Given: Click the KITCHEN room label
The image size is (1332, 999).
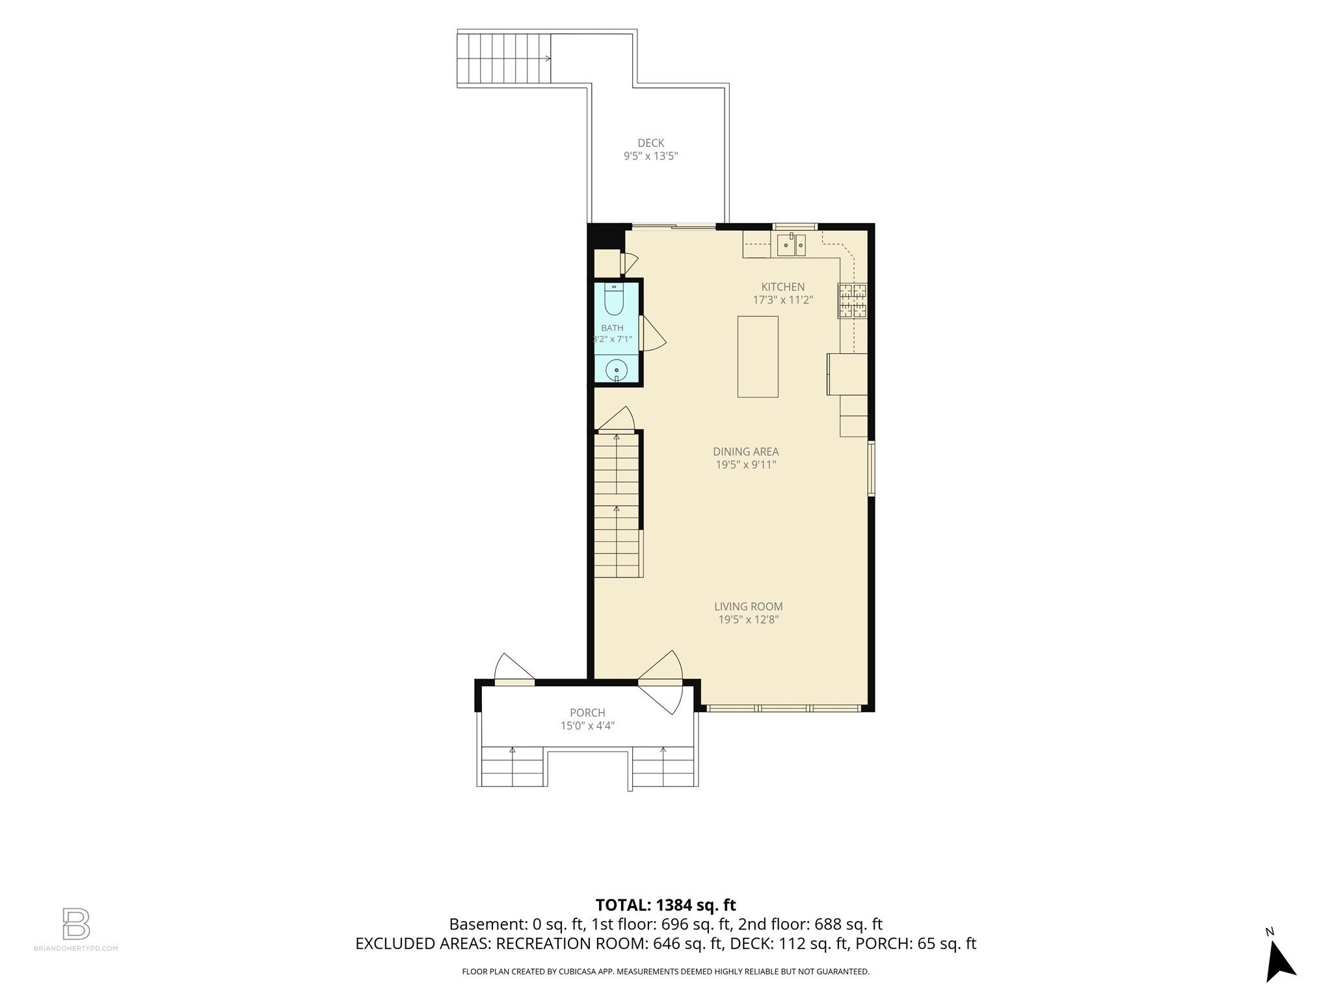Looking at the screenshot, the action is tap(783, 287).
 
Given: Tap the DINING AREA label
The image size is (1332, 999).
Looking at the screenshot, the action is tap(745, 451).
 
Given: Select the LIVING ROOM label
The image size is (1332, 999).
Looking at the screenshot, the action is tap(748, 606).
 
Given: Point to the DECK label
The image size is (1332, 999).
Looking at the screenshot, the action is tap(650, 143).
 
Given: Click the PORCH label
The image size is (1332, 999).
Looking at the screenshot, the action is tap(587, 713).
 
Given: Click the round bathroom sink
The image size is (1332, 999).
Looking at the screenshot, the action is tap(616, 371).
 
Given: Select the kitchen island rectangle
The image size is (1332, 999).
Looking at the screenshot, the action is tap(758, 356).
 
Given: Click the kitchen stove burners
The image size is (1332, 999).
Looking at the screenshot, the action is tap(852, 300).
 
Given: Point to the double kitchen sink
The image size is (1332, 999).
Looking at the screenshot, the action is tap(792, 246).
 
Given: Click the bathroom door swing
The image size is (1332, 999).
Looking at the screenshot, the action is tap(654, 333).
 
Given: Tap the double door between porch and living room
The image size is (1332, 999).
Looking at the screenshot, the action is tap(661, 682).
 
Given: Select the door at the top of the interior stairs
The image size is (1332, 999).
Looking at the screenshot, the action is tap(615, 420).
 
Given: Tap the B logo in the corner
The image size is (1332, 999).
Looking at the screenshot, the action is tap(76, 924).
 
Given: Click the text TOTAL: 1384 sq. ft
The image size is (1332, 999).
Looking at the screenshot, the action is tap(665, 905).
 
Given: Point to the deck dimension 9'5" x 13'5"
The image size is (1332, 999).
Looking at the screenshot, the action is tap(651, 156).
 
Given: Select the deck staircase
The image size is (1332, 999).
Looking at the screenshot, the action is tap(505, 59).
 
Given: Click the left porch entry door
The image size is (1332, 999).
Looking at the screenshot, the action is tap(514, 670).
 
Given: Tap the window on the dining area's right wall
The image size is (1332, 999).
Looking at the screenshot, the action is tap(872, 469).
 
